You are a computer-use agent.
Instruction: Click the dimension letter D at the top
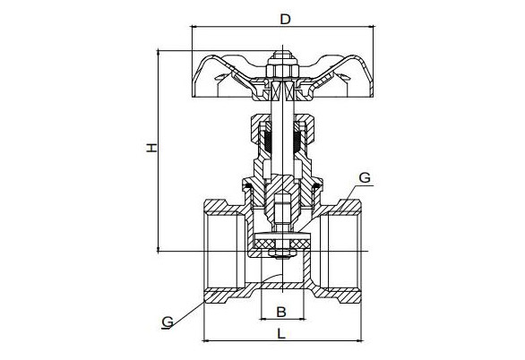(x=285, y=20)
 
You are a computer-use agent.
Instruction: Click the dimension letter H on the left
(x=151, y=148)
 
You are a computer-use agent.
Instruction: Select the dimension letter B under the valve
(x=281, y=312)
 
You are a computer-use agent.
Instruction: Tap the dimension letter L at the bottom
(x=281, y=333)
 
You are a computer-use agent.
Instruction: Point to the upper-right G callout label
(x=365, y=177)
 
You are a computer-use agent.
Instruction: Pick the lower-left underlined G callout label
(x=168, y=321)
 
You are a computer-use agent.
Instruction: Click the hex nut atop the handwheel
(x=282, y=69)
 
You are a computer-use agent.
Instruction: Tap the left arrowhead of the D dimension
(x=194, y=27)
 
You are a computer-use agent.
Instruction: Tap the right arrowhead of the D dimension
(x=371, y=27)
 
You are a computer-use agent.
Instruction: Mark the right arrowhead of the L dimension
(x=359, y=341)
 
